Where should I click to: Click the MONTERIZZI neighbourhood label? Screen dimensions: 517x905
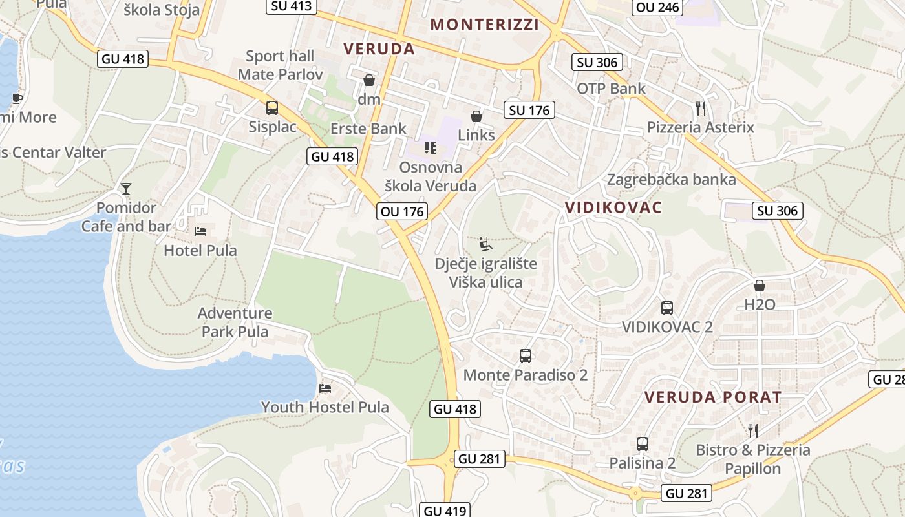pyautogui.click(x=484, y=25)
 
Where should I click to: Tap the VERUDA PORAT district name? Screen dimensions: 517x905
pyautogui.click(x=713, y=397)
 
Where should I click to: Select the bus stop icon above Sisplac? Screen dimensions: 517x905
pyautogui.click(x=272, y=107)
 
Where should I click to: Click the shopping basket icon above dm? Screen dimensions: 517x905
pyautogui.click(x=369, y=80)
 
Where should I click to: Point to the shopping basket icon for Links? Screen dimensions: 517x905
pyautogui.click(x=476, y=116)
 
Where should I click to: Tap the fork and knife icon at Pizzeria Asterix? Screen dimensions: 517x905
pyautogui.click(x=701, y=107)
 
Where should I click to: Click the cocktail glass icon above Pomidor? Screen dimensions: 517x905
pyautogui.click(x=126, y=188)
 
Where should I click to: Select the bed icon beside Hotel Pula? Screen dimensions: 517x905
pyautogui.click(x=200, y=231)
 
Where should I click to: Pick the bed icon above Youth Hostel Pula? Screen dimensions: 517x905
pyautogui.click(x=325, y=388)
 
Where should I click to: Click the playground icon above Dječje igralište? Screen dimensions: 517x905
pyautogui.click(x=485, y=244)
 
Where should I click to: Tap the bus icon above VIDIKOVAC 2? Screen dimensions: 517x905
pyautogui.click(x=667, y=308)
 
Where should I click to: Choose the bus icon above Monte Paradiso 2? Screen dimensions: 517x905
pyautogui.click(x=526, y=355)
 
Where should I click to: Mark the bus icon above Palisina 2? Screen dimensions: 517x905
pyautogui.click(x=642, y=444)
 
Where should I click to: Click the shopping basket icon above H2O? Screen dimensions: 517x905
pyautogui.click(x=760, y=285)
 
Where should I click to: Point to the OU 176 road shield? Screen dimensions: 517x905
pyautogui.click(x=402, y=211)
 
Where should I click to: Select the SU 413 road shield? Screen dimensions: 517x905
pyautogui.click(x=291, y=6)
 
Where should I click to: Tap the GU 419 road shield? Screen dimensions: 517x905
pyautogui.click(x=445, y=511)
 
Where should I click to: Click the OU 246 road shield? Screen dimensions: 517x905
pyautogui.click(x=657, y=7)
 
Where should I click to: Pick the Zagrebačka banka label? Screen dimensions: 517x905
pyautogui.click(x=671, y=180)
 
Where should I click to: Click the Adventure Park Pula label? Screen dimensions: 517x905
pyautogui.click(x=235, y=322)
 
